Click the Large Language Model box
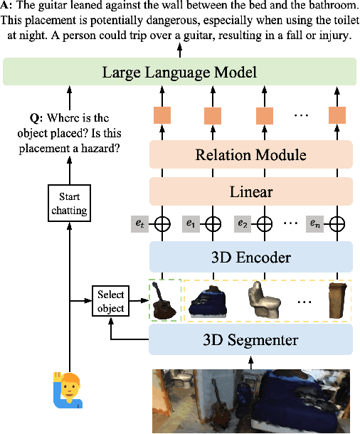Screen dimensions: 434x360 (179, 72)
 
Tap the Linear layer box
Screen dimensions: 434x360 (250, 191)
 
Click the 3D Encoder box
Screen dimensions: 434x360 (250, 256)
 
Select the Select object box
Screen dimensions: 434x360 (110, 301)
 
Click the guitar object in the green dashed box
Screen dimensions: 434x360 (162, 301)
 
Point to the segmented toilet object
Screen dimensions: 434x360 (264, 300)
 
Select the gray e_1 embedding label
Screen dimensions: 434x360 (191, 224)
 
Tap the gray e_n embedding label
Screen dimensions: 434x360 (315, 224)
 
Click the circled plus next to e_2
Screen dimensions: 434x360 (264, 224)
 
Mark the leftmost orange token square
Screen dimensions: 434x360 (162, 115)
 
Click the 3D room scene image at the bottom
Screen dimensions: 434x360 (250, 401)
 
